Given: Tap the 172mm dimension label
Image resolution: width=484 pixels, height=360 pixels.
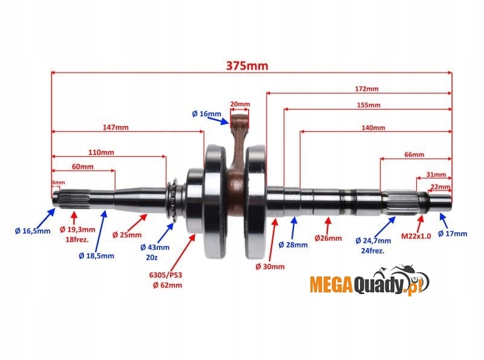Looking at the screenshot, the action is point(367,88).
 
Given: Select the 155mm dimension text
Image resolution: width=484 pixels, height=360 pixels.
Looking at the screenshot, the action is point(368,105).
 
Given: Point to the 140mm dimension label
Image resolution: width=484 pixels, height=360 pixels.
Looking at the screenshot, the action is point(373,128).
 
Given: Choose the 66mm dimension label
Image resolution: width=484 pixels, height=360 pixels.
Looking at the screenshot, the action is point(414,155).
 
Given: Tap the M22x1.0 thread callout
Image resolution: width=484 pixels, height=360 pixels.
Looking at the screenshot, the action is point(416,236).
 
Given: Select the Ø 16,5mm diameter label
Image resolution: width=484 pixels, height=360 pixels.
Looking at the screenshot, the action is point(33,231).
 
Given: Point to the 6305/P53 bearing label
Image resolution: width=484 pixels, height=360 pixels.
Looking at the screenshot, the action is point(166,275).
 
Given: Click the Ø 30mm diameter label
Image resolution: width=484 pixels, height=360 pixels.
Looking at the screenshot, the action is point(270,266).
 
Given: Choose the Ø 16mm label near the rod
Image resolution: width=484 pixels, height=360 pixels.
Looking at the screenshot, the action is point(206,113).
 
